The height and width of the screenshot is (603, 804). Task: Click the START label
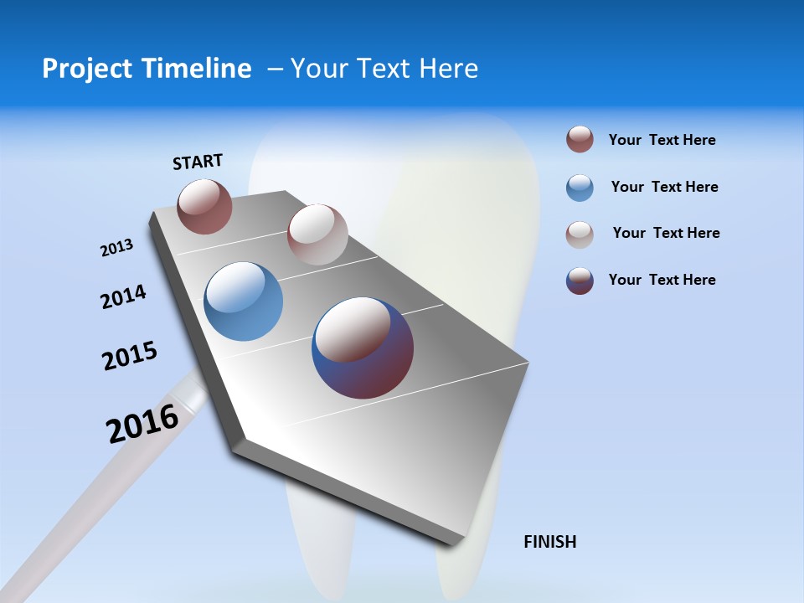tap(198, 162)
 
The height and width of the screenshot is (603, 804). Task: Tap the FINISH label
tap(549, 542)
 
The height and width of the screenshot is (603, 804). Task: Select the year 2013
tap(116, 248)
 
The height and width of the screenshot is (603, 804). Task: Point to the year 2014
tap(123, 296)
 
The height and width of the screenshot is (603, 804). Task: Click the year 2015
tap(129, 356)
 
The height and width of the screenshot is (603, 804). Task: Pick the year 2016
tap(142, 423)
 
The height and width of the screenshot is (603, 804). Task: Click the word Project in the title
tap(87, 69)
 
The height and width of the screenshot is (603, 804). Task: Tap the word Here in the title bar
tap(448, 69)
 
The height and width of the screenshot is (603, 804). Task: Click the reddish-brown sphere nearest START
tap(204, 206)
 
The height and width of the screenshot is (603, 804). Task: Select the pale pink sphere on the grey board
tap(317, 234)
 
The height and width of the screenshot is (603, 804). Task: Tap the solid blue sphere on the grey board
tap(243, 301)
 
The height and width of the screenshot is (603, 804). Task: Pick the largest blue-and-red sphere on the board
tap(363, 348)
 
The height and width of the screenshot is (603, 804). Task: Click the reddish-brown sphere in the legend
tap(580, 139)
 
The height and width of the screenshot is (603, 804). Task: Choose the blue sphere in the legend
tap(580, 188)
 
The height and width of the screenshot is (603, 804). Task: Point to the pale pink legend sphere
tap(580, 234)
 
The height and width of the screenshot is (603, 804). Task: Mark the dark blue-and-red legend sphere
tap(580, 281)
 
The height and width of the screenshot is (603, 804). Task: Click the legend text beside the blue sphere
tap(664, 187)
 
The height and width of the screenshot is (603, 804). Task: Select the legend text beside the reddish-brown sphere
tap(662, 140)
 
